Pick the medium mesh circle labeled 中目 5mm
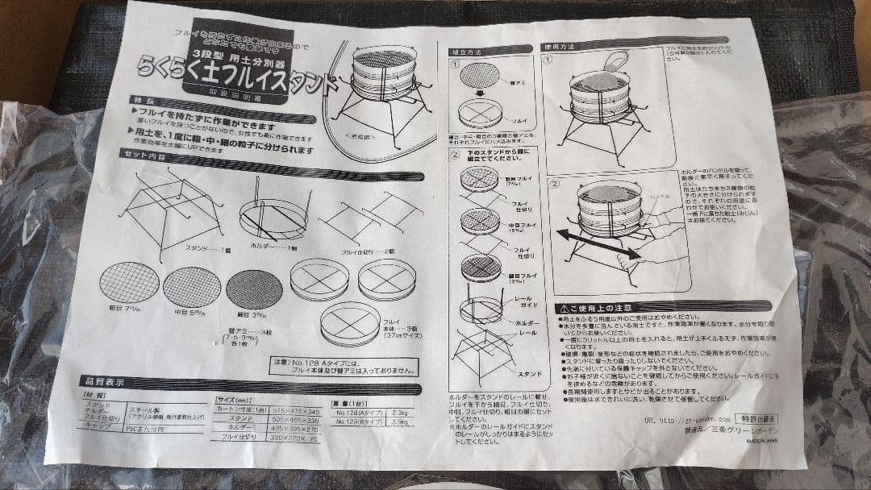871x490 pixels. click(191, 288)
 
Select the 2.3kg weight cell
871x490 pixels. click(397, 411)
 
